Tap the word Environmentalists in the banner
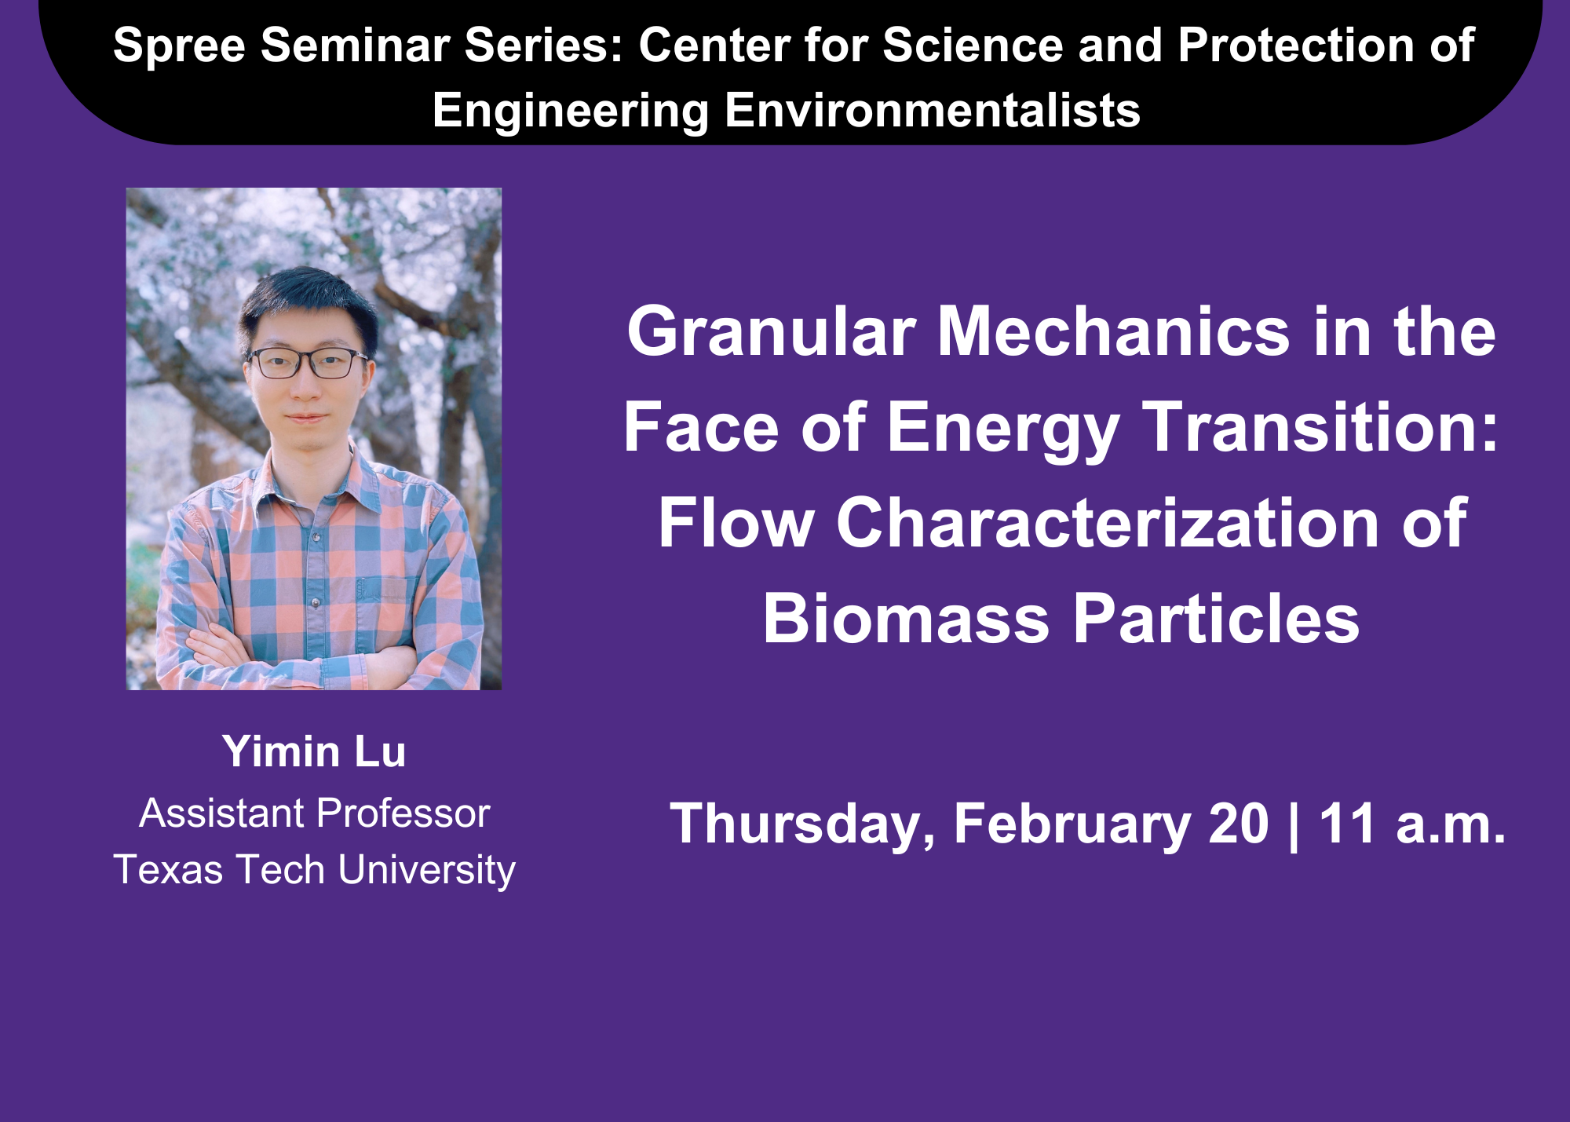tap(932, 110)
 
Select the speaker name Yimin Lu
tap(314, 751)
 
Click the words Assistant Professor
tap(314, 813)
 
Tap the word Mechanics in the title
tap(1115, 331)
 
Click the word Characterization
tap(1108, 523)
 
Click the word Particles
tap(1216, 619)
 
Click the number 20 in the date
tap(1239, 824)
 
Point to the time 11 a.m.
tap(1412, 824)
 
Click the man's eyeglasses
tap(308, 363)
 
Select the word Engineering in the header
tap(571, 111)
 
